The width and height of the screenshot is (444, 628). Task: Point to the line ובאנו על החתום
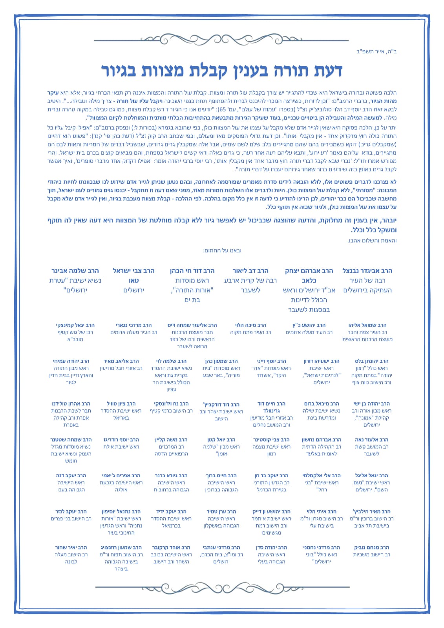pos(222,250)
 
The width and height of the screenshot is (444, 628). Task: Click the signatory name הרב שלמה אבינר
pos(75,271)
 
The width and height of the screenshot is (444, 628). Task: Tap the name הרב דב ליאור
pos(250,271)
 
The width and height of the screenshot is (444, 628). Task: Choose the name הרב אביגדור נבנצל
pos(367,271)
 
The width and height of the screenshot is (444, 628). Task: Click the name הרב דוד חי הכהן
pos(192,271)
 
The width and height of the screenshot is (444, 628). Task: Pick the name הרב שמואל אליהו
pos(367,325)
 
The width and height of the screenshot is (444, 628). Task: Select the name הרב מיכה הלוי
pos(250,325)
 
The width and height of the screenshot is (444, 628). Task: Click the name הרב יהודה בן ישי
pos(371,403)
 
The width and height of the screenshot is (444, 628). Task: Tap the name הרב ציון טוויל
pos(121,403)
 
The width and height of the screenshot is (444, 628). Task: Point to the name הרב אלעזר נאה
pos(371,440)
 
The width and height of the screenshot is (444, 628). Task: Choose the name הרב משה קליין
pos(172,440)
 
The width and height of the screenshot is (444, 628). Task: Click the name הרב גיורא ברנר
pos(172,475)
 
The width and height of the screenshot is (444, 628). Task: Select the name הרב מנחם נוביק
pos(371,547)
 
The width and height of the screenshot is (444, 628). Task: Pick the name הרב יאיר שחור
pos(71,547)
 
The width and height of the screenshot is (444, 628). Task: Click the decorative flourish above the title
pos(222,39)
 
